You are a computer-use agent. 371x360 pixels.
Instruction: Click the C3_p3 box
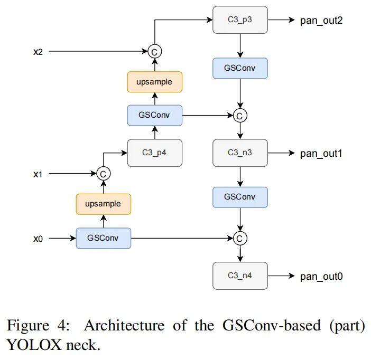tap(240, 20)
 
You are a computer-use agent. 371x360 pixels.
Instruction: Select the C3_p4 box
tap(154, 153)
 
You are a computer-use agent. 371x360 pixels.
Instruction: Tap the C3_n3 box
tap(240, 153)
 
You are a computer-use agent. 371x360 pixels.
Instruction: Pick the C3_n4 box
tap(240, 276)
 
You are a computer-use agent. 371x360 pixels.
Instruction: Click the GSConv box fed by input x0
tap(103, 239)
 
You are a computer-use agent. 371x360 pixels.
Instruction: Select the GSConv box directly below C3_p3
tap(240, 69)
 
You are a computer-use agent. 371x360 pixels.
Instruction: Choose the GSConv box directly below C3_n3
tap(240, 197)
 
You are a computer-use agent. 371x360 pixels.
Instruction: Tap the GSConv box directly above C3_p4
tap(154, 115)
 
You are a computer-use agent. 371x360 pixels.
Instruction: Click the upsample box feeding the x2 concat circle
tap(154, 82)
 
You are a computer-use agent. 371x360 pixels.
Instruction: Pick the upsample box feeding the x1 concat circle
tap(103, 204)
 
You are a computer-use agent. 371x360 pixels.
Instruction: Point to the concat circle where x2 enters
tap(154, 52)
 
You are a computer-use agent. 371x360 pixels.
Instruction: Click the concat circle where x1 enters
tap(103, 173)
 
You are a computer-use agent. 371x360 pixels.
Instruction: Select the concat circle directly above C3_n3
tap(240, 115)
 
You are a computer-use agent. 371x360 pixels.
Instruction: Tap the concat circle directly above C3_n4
tap(240, 239)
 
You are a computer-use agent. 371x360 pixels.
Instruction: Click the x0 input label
tap(38, 239)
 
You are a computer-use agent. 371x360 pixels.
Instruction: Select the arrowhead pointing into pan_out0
tap(292, 276)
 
